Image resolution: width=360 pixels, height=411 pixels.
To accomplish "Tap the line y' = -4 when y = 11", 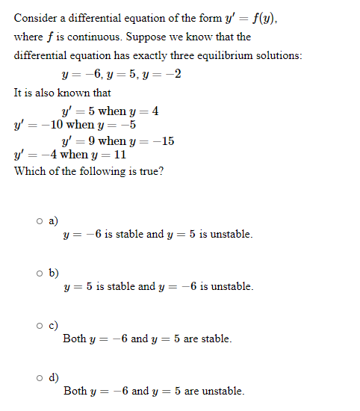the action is (x=70, y=155).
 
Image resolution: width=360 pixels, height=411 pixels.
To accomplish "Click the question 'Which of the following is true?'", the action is (x=89, y=171).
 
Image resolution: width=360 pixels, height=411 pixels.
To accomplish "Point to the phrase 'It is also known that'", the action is (x=62, y=93).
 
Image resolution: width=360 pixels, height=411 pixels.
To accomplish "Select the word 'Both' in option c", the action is (x=75, y=339).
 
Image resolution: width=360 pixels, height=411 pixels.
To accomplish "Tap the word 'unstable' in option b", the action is (x=233, y=287).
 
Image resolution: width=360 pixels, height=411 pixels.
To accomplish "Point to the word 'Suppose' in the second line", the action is (x=152, y=37).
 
